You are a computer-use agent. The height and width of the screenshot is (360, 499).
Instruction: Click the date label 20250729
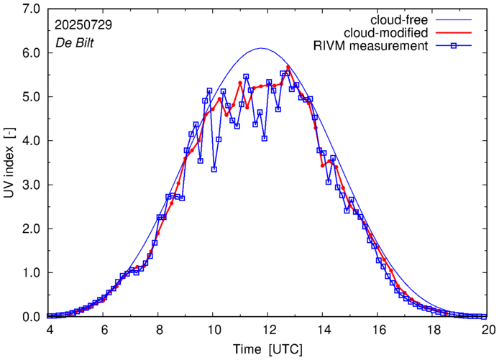pos(83,24)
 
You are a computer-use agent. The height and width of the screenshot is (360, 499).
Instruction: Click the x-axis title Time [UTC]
pos(267,349)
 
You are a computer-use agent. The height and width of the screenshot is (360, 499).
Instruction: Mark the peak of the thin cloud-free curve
pos(261,49)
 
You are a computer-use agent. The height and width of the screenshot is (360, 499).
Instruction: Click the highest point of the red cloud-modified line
pos(288,67)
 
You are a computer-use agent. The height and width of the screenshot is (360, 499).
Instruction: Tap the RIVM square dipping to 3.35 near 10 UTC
pos(214,170)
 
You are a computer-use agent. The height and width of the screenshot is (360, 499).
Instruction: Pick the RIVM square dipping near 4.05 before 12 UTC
pos(265,138)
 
